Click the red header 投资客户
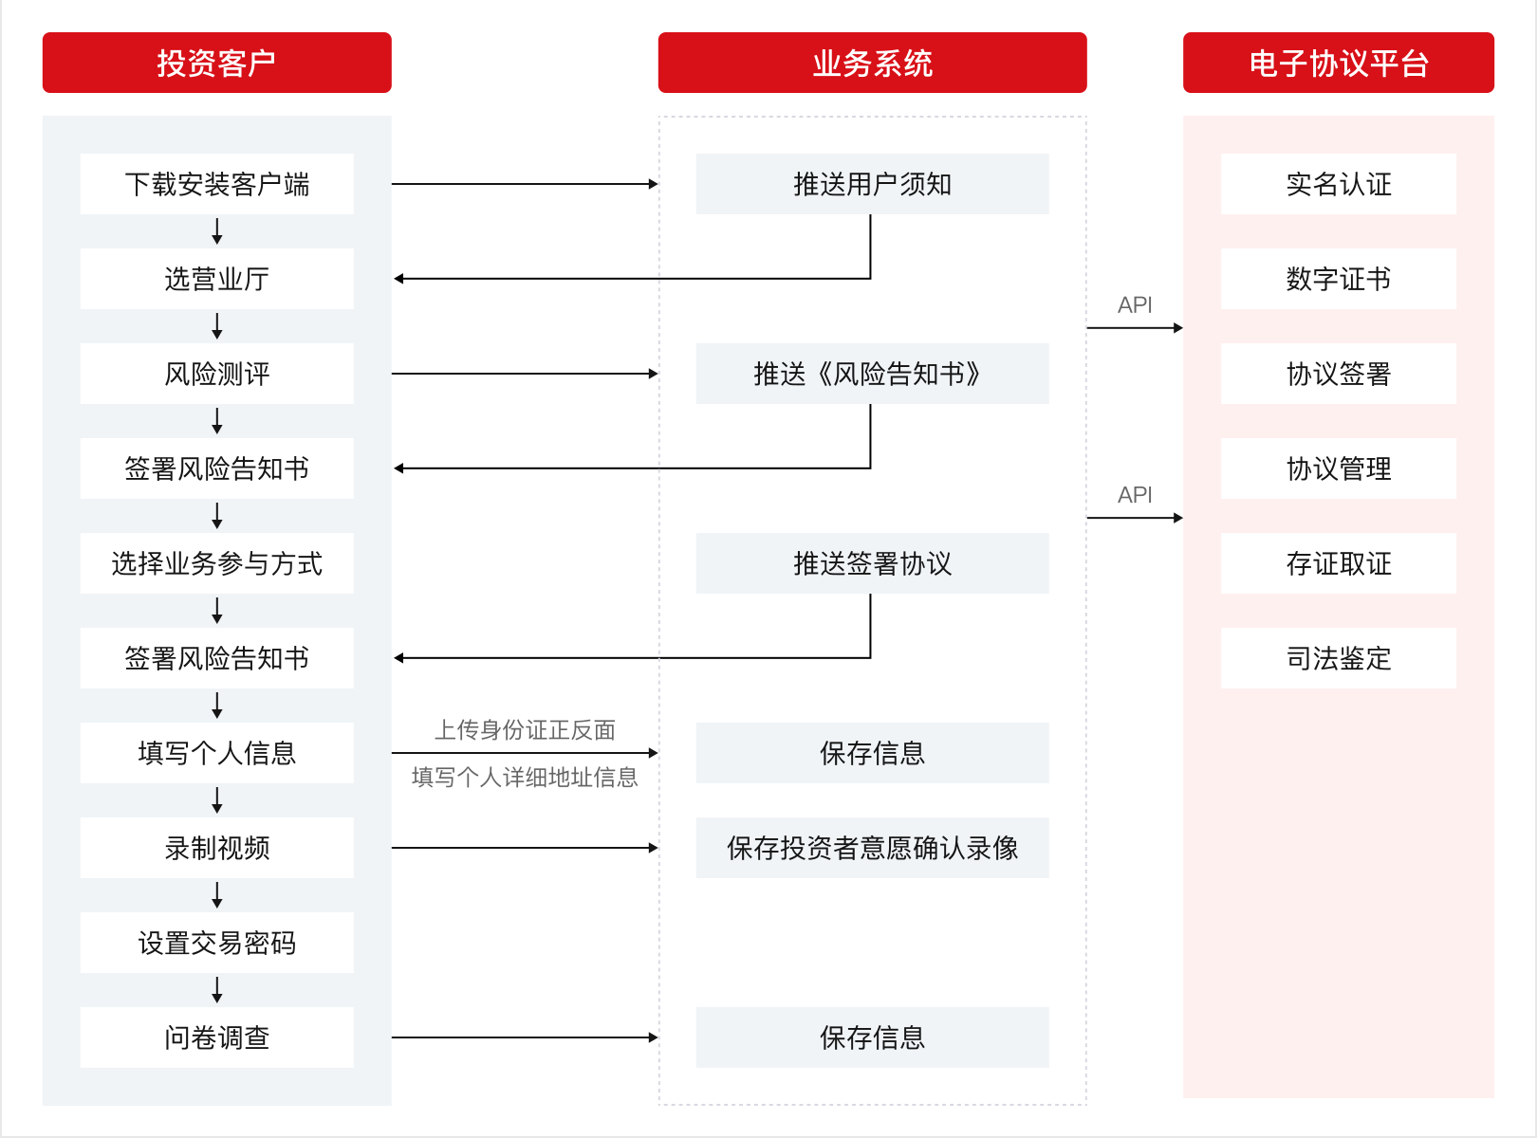coord(217,63)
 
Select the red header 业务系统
coord(873,63)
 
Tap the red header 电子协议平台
coord(1338,63)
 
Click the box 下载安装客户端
coord(217,184)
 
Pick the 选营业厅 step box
coord(217,279)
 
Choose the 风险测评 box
coord(217,374)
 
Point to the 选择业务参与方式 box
coord(217,563)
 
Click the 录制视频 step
coord(217,848)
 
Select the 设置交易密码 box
coord(217,943)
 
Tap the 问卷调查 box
coord(217,1037)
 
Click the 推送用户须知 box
coord(873,184)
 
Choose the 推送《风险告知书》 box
coord(873,374)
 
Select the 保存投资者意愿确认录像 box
coord(873,848)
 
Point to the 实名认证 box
coord(1338,184)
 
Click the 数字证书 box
coord(1338,279)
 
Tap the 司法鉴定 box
coord(1338,658)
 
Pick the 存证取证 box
coord(1338,563)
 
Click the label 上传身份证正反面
coord(525,730)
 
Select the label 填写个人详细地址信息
coord(525,777)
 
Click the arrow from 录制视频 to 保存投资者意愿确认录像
coord(525,848)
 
